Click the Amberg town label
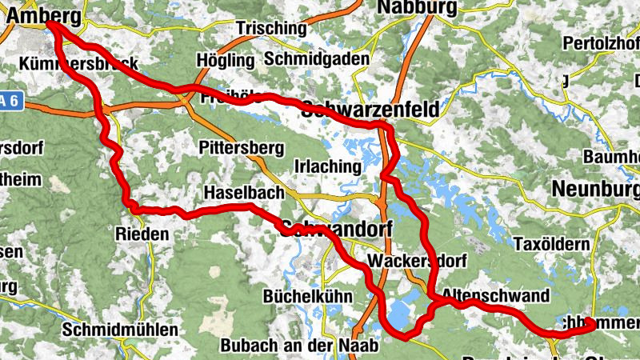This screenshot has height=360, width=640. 44,14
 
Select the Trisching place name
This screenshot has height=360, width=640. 270,28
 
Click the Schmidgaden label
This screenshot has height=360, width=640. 317,59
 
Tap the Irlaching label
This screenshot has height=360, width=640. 328,166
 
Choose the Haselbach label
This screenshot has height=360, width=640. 240,194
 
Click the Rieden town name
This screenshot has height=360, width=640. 142,234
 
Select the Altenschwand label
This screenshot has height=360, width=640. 495,296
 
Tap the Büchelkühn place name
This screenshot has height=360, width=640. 307,296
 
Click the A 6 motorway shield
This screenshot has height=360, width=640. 12,101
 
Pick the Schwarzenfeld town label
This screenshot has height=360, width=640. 370,110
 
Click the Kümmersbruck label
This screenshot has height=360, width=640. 80,64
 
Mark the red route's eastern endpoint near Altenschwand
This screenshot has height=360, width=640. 590,323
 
